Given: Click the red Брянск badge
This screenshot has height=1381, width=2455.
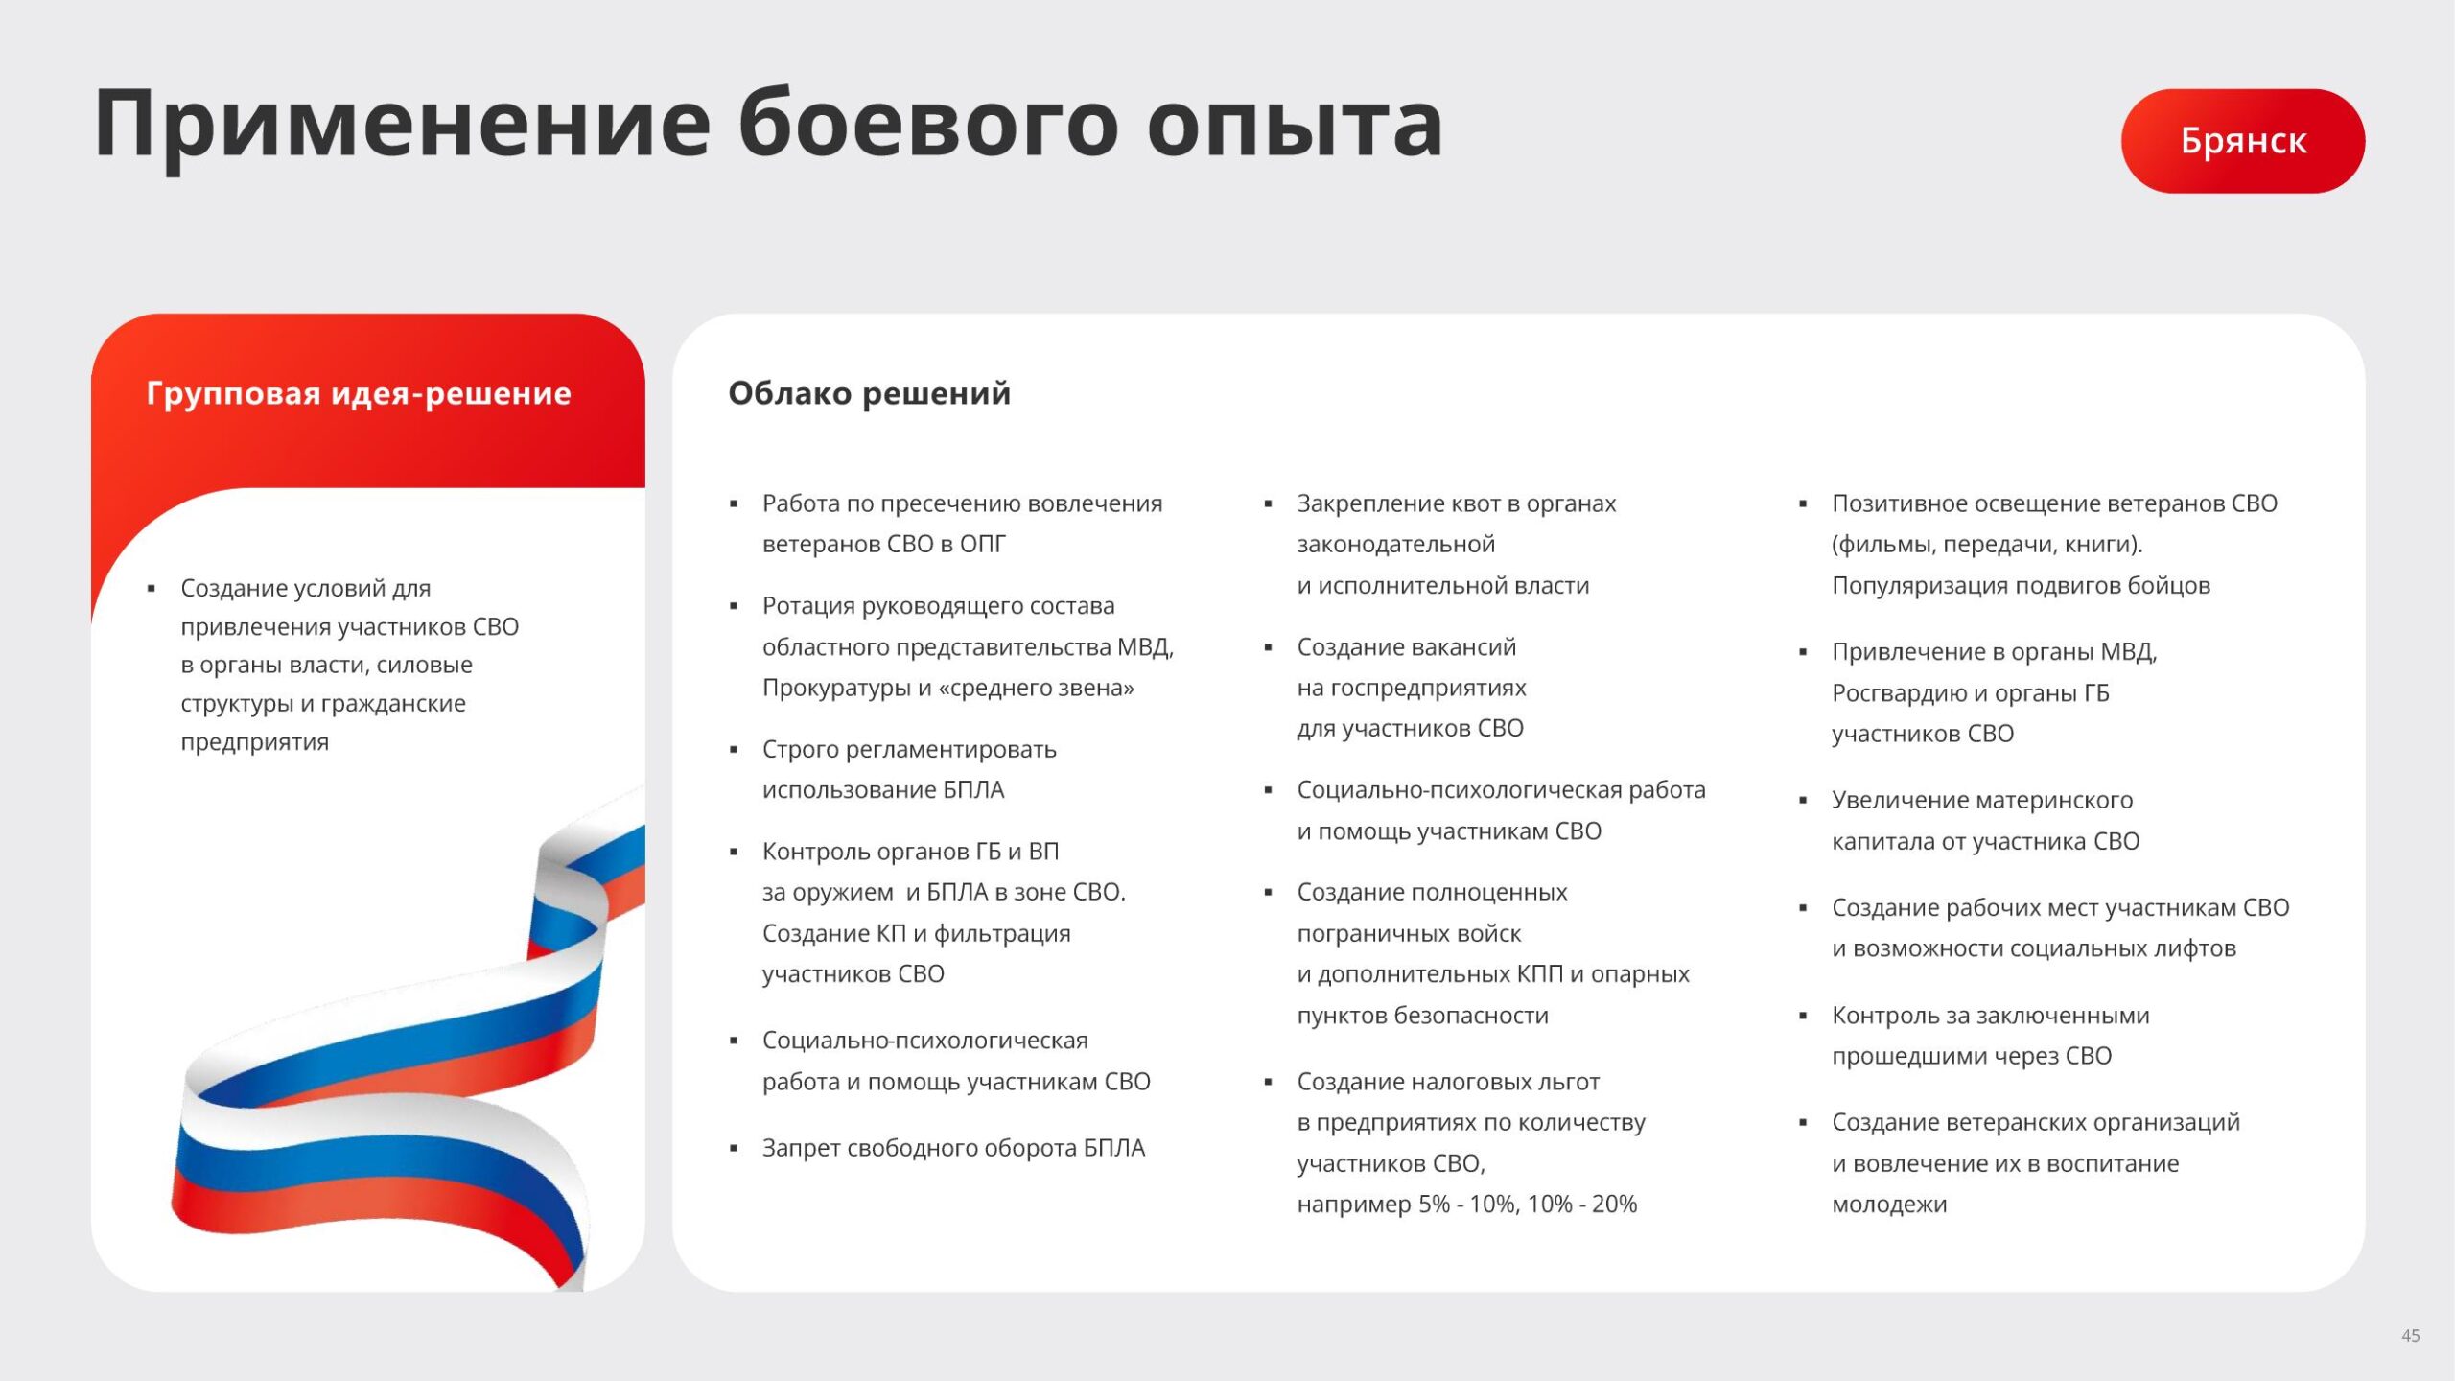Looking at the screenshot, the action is click(x=2242, y=141).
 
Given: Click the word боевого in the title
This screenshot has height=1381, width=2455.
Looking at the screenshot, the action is click(x=927, y=124).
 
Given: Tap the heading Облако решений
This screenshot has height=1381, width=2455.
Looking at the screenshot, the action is click(x=869, y=394).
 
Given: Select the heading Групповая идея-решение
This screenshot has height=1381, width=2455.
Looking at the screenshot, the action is click(x=359, y=394).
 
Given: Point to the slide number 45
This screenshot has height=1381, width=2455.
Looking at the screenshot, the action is click(x=2410, y=1335).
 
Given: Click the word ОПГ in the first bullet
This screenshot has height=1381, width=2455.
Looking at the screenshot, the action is click(x=982, y=545).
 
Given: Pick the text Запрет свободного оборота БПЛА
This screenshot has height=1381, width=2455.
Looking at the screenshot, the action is click(x=953, y=1148).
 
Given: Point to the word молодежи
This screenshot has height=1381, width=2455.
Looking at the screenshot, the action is click(x=1889, y=1205).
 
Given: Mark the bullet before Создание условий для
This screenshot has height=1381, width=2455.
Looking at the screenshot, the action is click(x=152, y=589).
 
